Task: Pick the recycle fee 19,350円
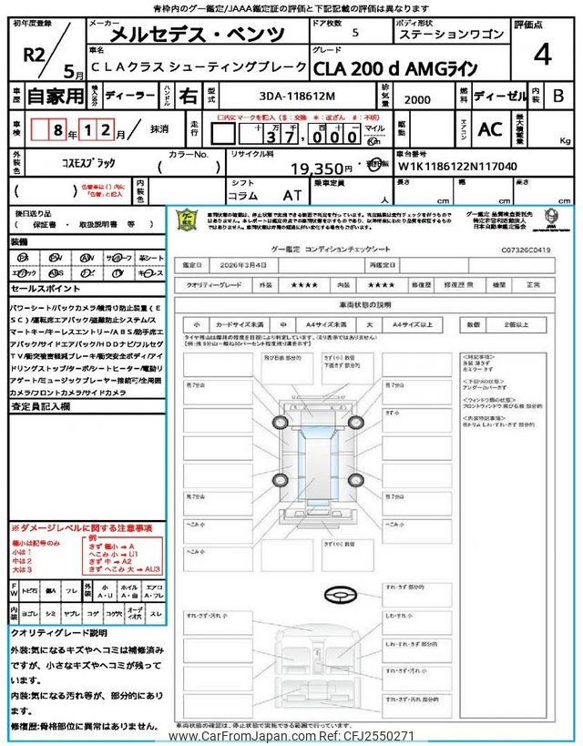coord(321,169)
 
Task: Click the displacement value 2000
coord(418,98)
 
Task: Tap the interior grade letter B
coord(558,96)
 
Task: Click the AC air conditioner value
coord(490,129)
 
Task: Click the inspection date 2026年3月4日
coord(243,264)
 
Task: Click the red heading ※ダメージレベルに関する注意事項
coord(81,528)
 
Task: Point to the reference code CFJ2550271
coord(377,736)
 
